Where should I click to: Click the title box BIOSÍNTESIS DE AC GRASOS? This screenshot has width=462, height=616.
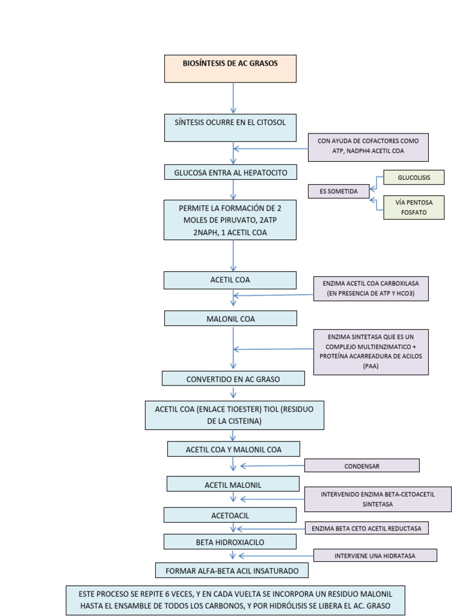(x=230, y=69)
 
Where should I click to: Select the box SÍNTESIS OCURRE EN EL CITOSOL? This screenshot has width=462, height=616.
(x=230, y=128)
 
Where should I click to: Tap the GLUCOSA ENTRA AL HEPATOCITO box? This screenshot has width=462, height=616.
(x=230, y=172)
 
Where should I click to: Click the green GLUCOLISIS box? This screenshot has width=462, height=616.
(x=414, y=177)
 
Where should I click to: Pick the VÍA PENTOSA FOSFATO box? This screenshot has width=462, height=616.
(x=414, y=208)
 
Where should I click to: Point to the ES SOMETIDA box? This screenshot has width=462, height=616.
(x=339, y=191)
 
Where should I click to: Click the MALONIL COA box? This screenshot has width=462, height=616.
(x=230, y=319)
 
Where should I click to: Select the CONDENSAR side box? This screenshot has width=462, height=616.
(x=362, y=466)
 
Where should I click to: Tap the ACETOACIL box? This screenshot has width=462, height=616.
(x=230, y=515)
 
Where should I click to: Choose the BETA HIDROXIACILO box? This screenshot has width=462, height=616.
(x=230, y=542)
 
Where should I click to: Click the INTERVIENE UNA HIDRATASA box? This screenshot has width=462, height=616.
(x=375, y=555)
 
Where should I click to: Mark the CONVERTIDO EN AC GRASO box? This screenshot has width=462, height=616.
(x=233, y=379)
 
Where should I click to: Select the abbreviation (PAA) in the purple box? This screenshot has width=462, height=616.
(x=371, y=366)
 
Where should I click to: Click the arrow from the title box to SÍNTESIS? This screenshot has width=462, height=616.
(x=233, y=98)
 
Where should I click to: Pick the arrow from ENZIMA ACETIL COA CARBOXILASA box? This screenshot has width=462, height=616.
(x=274, y=295)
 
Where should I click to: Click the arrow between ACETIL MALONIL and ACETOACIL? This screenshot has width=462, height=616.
(x=233, y=497)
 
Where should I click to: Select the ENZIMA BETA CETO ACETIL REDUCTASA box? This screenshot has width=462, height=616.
(x=367, y=528)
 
